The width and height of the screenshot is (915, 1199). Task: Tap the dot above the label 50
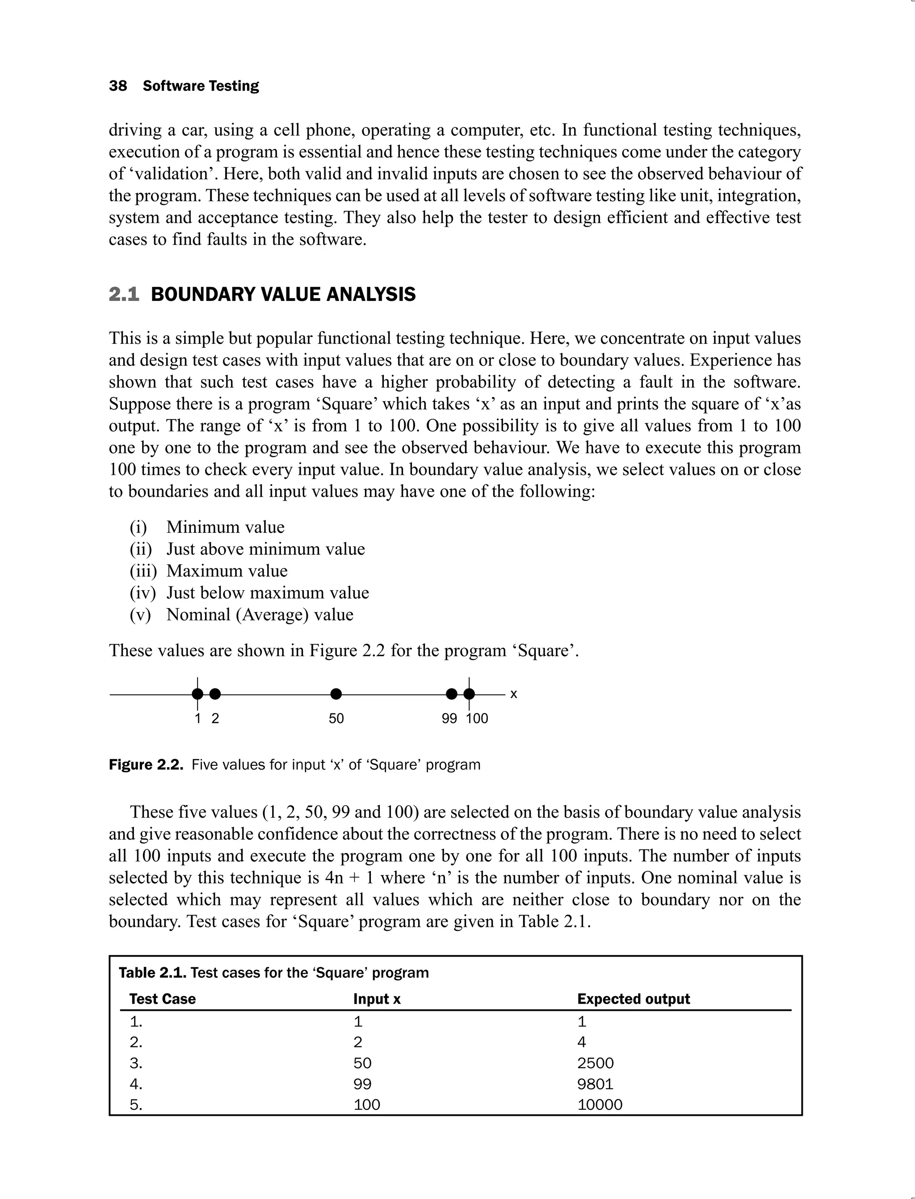(336, 694)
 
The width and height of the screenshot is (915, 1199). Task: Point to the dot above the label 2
(215, 694)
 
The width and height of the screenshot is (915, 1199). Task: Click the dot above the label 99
(452, 694)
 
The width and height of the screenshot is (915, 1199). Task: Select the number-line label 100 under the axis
(477, 718)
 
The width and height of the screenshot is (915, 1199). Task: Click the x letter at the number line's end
(513, 694)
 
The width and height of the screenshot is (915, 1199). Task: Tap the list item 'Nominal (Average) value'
(260, 615)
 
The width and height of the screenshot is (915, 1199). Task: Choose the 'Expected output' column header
(634, 999)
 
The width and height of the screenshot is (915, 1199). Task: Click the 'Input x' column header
(376, 999)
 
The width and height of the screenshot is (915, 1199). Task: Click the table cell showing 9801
(595, 1084)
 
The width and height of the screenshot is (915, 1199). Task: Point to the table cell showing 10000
(600, 1105)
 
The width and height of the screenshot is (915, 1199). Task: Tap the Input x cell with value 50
(362, 1063)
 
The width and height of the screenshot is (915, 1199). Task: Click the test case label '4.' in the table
(136, 1084)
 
